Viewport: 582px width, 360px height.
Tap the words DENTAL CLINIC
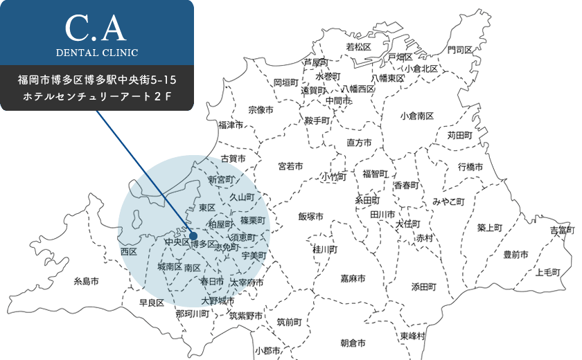pyautogui.click(x=96, y=53)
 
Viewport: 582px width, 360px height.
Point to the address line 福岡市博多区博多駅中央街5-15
pyautogui.click(x=96, y=81)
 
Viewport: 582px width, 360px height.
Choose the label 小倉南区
pyautogui.click(x=416, y=116)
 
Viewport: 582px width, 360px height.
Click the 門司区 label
pyautogui.click(x=460, y=51)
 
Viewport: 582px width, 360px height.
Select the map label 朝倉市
pyautogui.click(x=353, y=343)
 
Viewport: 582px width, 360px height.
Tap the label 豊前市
pyautogui.click(x=515, y=255)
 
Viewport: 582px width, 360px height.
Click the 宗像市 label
pyautogui.click(x=261, y=110)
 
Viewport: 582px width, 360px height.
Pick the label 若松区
pyautogui.click(x=359, y=47)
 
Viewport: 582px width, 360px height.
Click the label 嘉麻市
pyautogui.click(x=353, y=278)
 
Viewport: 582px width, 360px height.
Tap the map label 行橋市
pyautogui.click(x=470, y=167)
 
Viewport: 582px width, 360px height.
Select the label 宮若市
pyautogui.click(x=290, y=166)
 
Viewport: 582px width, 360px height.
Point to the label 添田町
pyautogui.click(x=423, y=286)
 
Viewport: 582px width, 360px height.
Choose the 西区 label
pyautogui.click(x=129, y=251)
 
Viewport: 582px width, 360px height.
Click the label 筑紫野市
pyautogui.click(x=246, y=316)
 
